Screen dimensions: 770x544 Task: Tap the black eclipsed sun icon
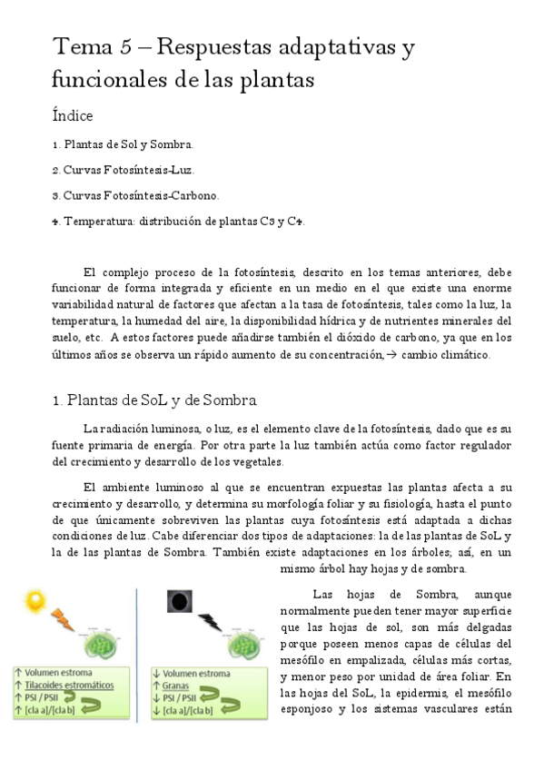coord(179,600)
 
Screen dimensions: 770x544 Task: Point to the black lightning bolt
coord(209,622)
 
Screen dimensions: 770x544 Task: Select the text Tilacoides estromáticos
coord(70,686)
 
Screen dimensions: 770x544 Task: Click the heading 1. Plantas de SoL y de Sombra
coord(154,400)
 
